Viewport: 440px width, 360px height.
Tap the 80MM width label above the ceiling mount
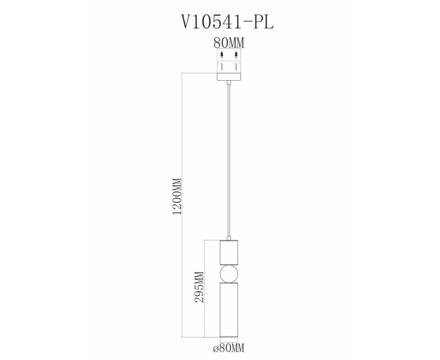229,43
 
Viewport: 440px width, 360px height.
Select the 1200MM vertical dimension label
177,196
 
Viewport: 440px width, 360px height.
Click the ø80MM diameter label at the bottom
228,348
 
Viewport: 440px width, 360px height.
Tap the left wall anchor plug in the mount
222,55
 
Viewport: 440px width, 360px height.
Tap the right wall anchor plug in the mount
236,55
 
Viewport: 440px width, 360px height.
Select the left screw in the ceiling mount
222,67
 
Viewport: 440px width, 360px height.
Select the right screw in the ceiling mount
236,67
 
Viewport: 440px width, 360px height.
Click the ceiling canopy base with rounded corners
229,77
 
